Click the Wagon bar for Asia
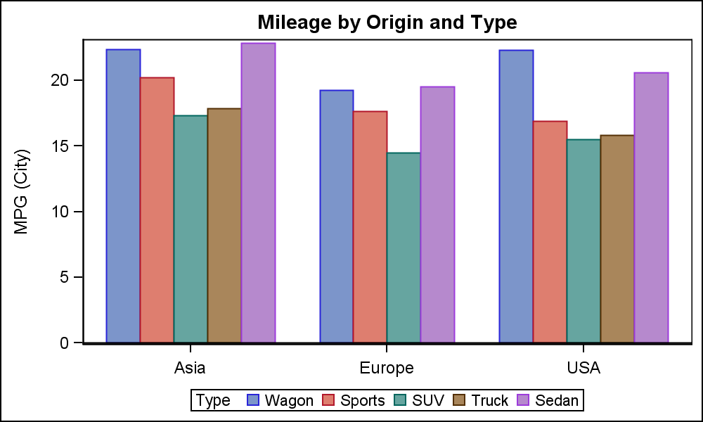[x=123, y=196]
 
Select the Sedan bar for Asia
[x=258, y=193]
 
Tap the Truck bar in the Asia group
[x=224, y=226]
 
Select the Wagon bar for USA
[x=516, y=196]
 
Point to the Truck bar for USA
[x=617, y=239]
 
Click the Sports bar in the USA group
[x=550, y=232]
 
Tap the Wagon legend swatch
[x=254, y=400]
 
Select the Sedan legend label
[x=557, y=400]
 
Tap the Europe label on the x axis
[x=386, y=368]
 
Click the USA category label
[x=583, y=368]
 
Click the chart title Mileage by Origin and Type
[x=387, y=23]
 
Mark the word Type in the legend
[x=213, y=400]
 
